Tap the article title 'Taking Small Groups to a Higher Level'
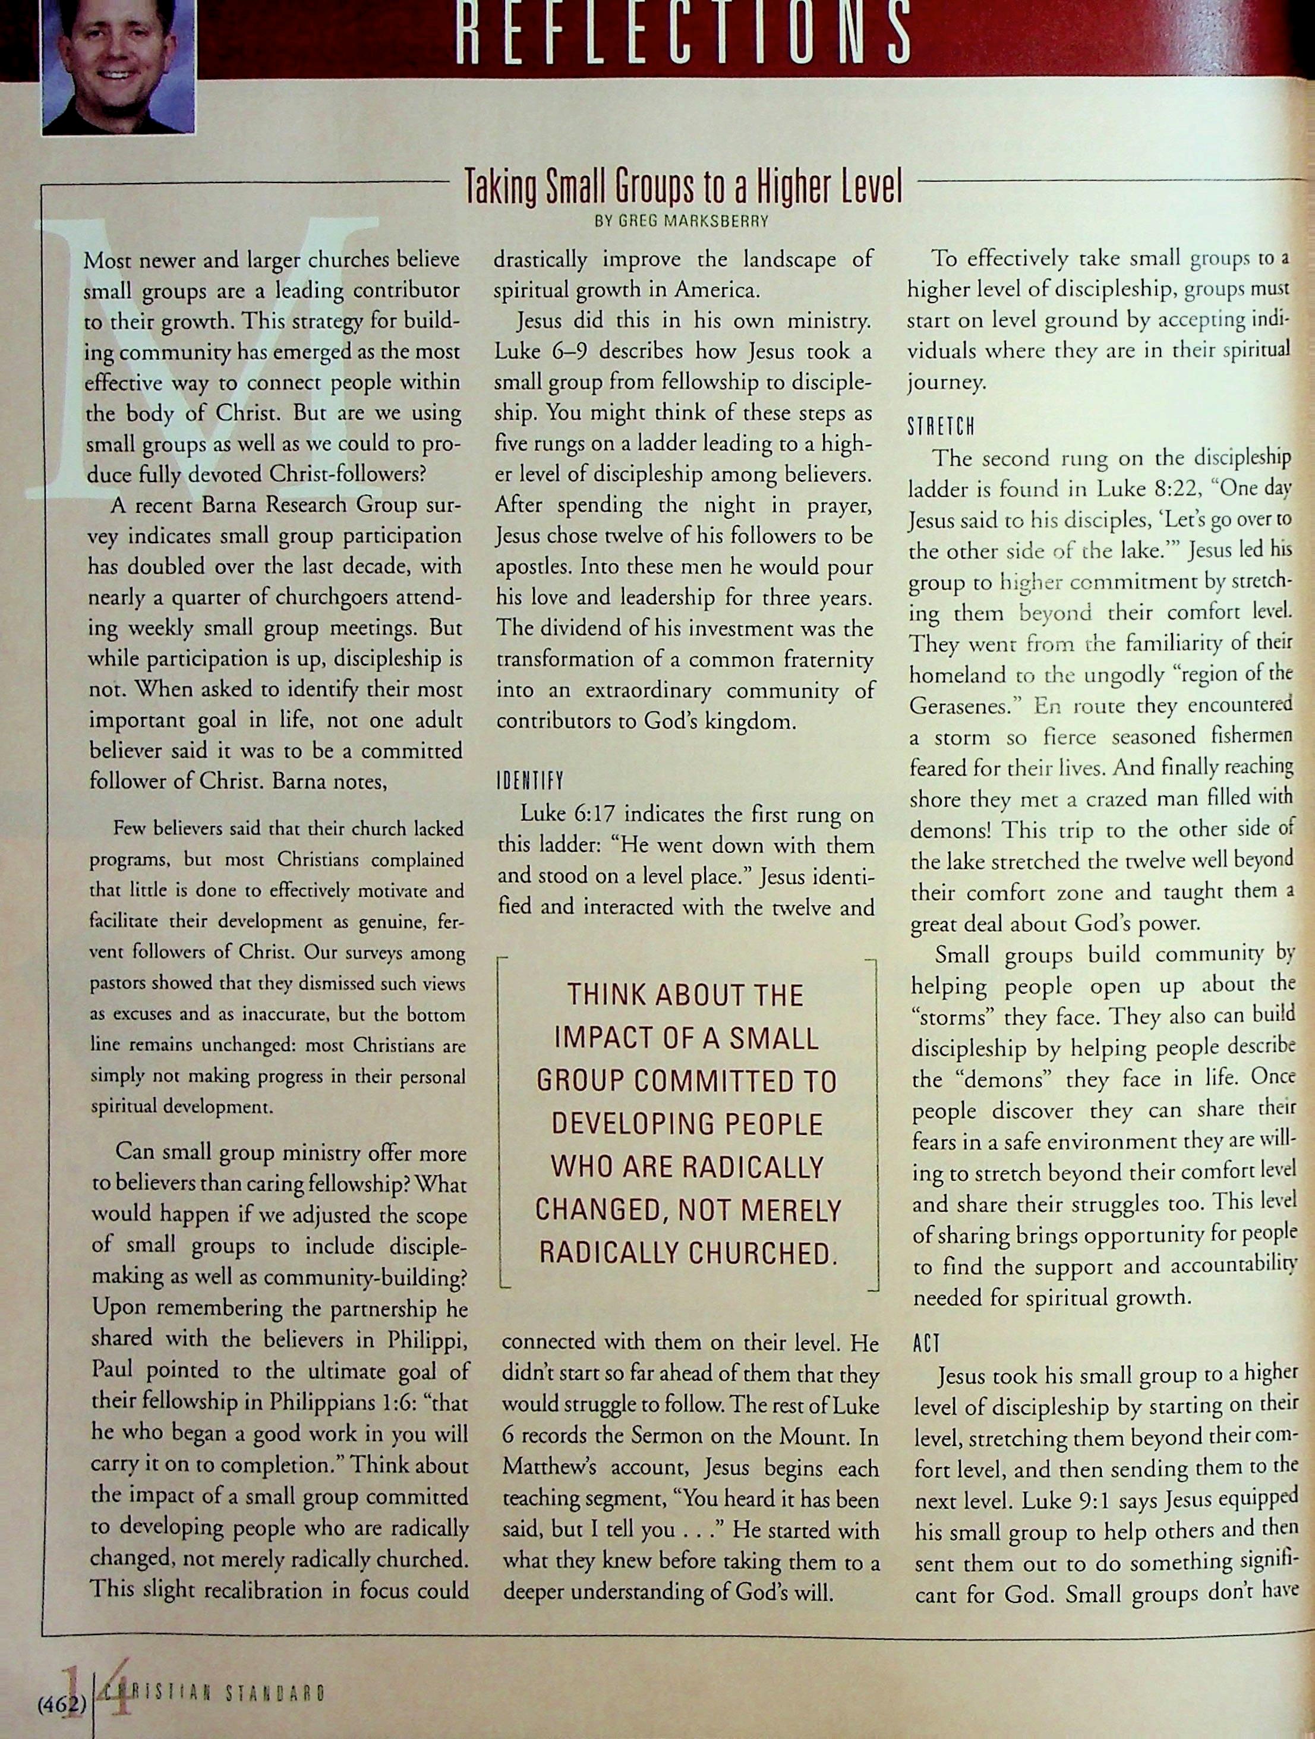(x=682, y=188)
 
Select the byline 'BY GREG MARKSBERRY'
(x=682, y=222)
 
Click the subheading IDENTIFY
(x=530, y=782)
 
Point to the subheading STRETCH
(x=941, y=429)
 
